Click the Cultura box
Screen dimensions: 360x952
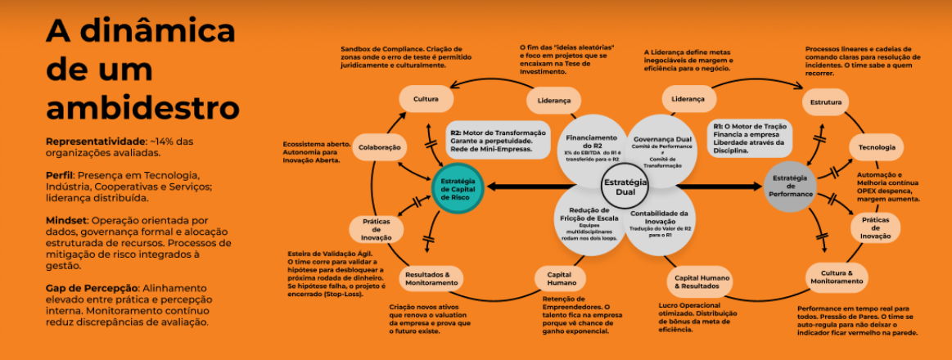[426, 99]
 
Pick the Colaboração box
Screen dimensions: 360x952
[380, 147]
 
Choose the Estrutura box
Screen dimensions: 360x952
[825, 104]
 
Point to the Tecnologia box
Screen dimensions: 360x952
[877, 147]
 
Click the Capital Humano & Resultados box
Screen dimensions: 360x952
[697, 281]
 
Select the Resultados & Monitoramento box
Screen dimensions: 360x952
[431, 278]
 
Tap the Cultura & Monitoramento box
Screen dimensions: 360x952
[836, 277]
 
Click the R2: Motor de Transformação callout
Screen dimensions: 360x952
[498, 138]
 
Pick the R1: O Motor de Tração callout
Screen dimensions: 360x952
[750, 138]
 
